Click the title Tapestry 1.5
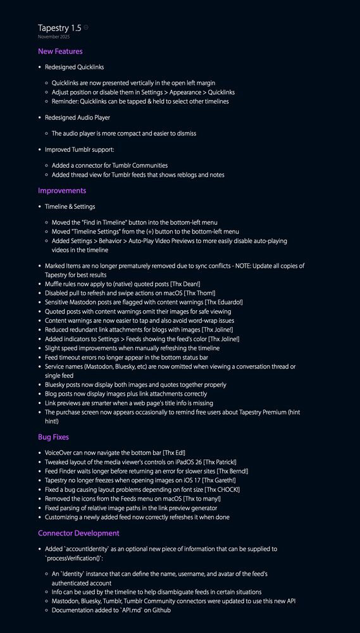(x=59, y=28)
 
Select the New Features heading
(x=60, y=51)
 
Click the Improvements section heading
(x=62, y=191)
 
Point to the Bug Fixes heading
(x=53, y=437)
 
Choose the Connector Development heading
(x=78, y=533)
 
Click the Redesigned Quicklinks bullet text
(x=75, y=67)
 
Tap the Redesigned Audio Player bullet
(x=77, y=118)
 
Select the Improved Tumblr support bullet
(x=79, y=149)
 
